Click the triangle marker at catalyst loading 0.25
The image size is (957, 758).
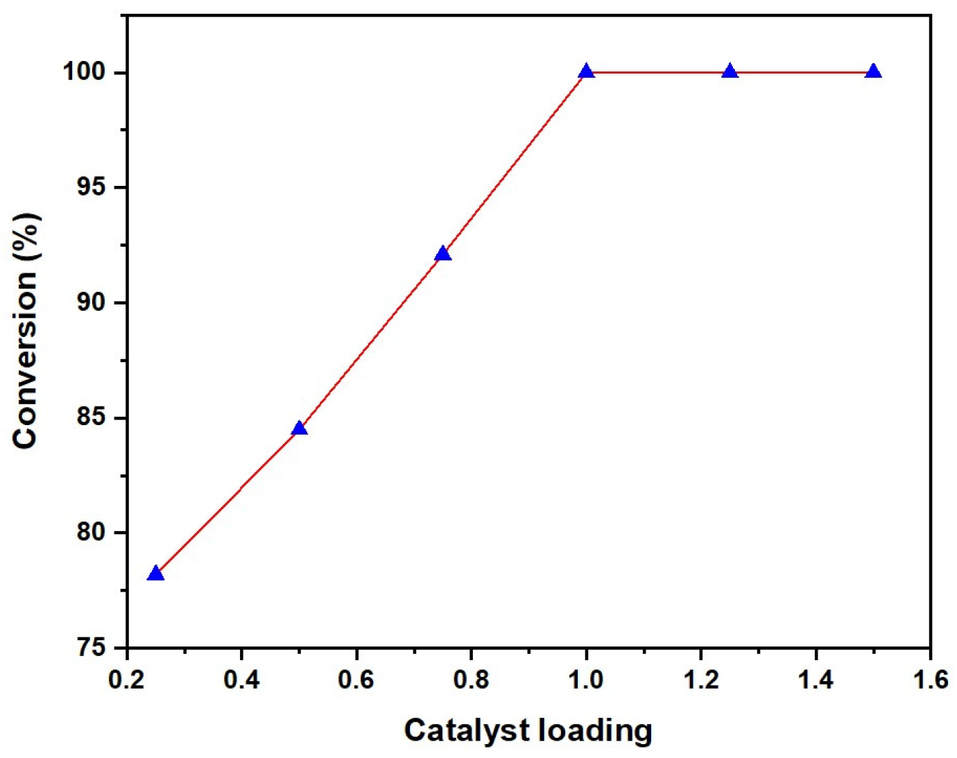155,573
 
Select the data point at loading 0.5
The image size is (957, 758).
299,428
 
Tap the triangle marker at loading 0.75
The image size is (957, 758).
442,254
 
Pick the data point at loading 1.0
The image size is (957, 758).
587,71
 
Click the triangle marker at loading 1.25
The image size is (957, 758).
730,71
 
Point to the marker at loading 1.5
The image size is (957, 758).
874,71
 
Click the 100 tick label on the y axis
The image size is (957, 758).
85,71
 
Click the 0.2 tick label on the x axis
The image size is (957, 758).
126,680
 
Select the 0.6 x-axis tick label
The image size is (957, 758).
356,680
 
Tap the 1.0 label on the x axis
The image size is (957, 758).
586,680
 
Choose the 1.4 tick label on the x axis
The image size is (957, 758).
816,680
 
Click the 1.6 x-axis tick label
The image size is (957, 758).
930,680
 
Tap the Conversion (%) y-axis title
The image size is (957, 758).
26,331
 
